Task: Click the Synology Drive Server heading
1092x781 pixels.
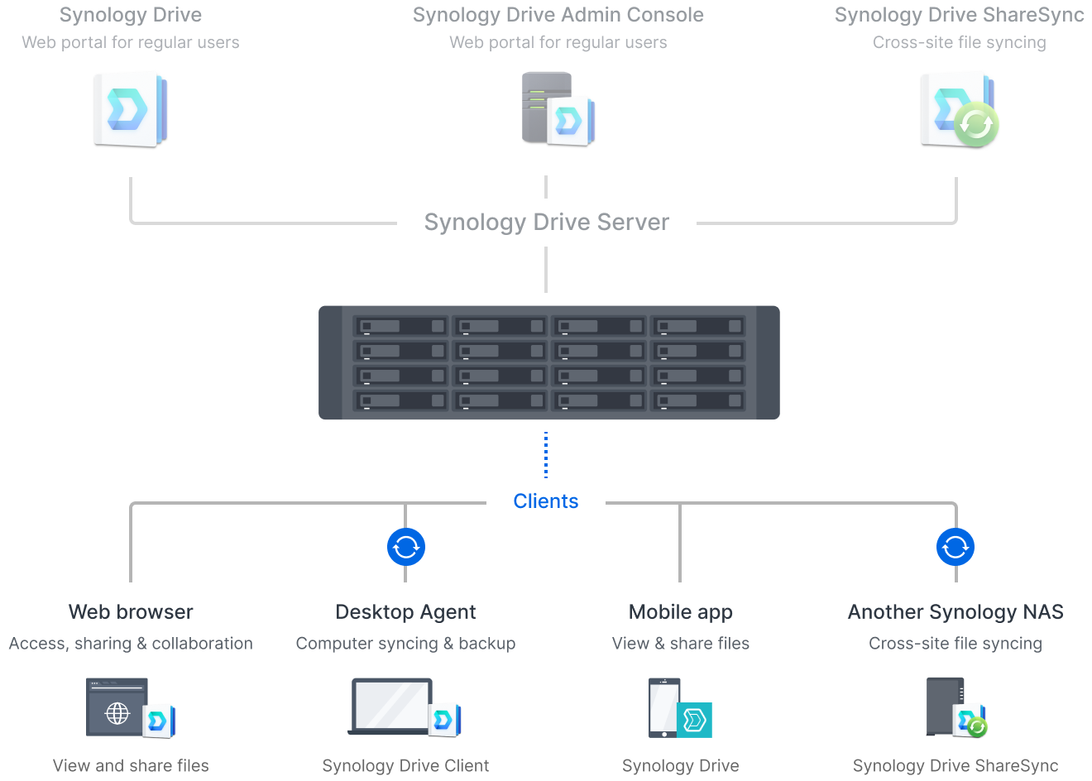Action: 546,222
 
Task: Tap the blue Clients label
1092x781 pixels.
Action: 546,501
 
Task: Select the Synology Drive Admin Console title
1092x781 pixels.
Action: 558,15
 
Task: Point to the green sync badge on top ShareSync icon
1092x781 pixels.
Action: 976,124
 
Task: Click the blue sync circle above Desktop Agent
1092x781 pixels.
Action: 406,547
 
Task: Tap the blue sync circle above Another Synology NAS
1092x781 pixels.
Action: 955,547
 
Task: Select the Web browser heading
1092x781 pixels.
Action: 131,612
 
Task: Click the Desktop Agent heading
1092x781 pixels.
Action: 405,612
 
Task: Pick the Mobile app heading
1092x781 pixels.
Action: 680,612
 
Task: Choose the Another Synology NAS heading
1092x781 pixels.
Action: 955,612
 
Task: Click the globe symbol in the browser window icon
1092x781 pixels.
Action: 117,712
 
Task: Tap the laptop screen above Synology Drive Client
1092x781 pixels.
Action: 391,705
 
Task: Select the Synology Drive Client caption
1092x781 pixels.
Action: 405,766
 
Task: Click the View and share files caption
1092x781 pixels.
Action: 131,766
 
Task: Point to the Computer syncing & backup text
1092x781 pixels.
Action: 405,644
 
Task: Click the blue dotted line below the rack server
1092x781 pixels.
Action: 546,455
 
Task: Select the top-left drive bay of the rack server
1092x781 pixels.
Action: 400,326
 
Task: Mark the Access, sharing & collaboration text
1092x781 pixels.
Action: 131,644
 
